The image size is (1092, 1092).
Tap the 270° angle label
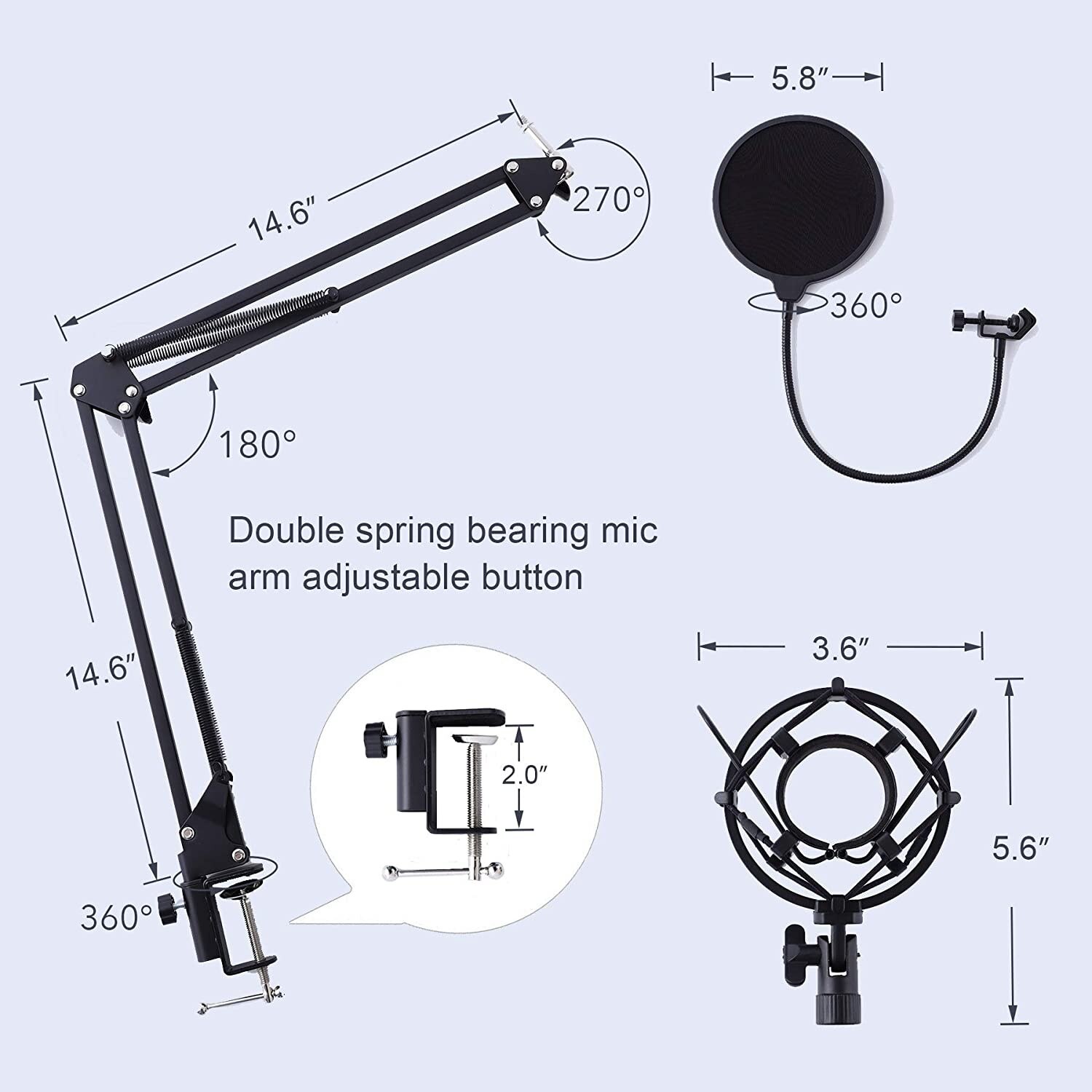[609, 199]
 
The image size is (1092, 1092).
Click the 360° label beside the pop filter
[866, 306]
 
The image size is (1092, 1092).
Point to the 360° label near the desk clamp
[116, 917]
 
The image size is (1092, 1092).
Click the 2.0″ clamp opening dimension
[523, 775]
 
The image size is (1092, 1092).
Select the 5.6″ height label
[1021, 848]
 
